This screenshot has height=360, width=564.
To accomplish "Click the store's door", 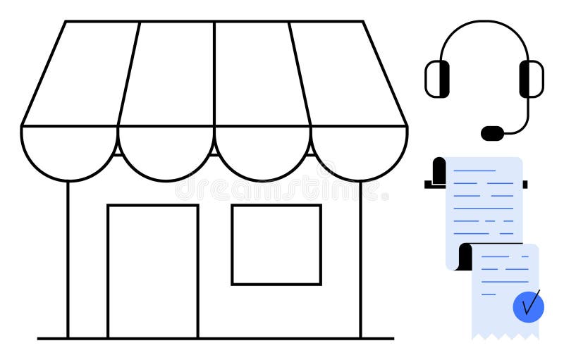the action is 152,271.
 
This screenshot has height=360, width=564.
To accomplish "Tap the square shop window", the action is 276,244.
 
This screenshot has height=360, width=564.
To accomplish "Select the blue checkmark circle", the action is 528,305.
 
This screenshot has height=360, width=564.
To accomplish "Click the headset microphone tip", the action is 492,132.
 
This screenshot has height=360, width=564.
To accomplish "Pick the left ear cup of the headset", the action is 438,78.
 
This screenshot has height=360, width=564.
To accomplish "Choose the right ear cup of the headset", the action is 531,78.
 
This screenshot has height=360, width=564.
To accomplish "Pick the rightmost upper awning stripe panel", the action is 345,74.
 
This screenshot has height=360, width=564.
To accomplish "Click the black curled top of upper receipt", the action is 439,171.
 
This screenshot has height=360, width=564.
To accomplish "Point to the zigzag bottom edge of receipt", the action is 505,337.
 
